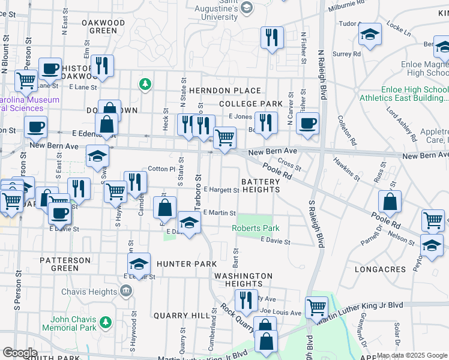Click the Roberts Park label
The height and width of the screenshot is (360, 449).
coord(256,229)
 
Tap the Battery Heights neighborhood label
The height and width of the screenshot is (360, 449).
coord(261,185)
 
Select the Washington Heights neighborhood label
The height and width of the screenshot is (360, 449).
coord(243,280)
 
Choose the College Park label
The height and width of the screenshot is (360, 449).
coord(250,104)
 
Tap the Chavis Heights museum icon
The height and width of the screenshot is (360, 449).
coord(126,292)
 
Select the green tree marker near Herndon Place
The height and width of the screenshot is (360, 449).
coord(144,84)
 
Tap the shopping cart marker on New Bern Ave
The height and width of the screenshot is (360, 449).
coord(224,137)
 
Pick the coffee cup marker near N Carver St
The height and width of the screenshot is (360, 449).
coord(307,124)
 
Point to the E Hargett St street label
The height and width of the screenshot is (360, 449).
coord(221,190)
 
